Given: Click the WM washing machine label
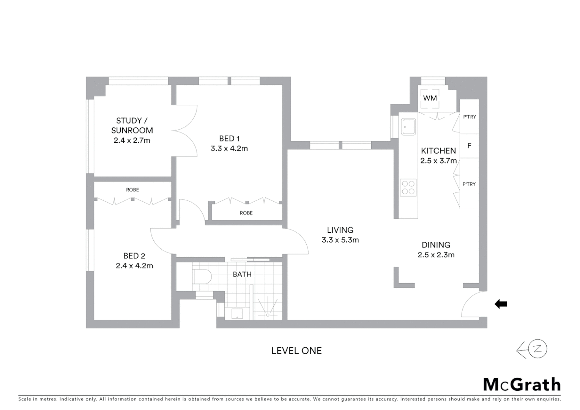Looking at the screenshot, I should (430, 98).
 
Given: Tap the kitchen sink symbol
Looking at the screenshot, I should (408, 127).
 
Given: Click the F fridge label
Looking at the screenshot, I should (469, 146).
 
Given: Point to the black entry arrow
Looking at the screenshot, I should (501, 304).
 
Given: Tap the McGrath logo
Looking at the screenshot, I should (522, 385).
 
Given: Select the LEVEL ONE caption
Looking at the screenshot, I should (296, 351).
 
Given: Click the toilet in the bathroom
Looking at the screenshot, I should (202, 276).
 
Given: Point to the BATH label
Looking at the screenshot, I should (242, 274).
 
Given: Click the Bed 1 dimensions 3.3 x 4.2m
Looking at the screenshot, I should (229, 148).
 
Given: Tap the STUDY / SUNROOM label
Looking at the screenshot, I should (132, 125).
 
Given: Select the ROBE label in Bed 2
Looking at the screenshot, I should (132, 190).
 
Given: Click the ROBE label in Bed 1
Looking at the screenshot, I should (246, 213).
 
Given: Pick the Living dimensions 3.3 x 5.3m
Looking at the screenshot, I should (340, 240).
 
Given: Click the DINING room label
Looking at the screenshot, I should (436, 245).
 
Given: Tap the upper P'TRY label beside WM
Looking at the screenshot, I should (469, 117).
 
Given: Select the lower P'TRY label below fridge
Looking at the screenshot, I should (469, 184).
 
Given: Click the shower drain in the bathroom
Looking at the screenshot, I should (268, 315).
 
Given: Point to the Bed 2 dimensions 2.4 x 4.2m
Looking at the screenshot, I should (134, 266).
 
